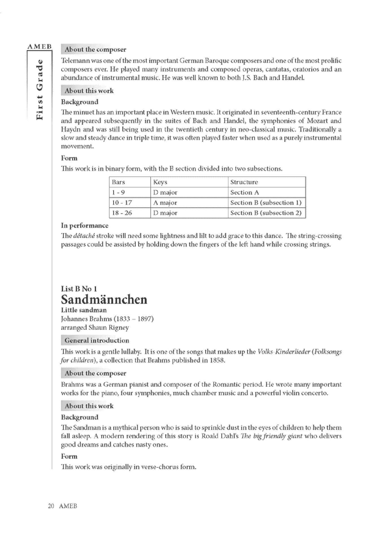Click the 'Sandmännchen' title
pyautogui.click(x=104, y=299)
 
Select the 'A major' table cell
pyautogui.click(x=165, y=203)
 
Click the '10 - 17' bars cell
pyautogui.click(x=122, y=203)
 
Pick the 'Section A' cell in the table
pyautogui.click(x=245, y=192)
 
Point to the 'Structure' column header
pyautogui.click(x=244, y=182)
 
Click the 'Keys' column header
pyautogui.click(x=160, y=182)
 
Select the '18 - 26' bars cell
pyautogui.click(x=122, y=213)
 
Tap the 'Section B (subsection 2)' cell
pyautogui.click(x=266, y=213)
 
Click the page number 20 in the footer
pyautogui.click(x=51, y=506)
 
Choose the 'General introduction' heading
pyautogui.click(x=97, y=340)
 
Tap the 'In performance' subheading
pyautogui.click(x=85, y=226)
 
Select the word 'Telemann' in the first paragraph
pyautogui.click(x=75, y=61)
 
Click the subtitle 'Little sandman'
pyautogui.click(x=84, y=310)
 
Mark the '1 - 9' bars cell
pyautogui.click(x=118, y=192)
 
